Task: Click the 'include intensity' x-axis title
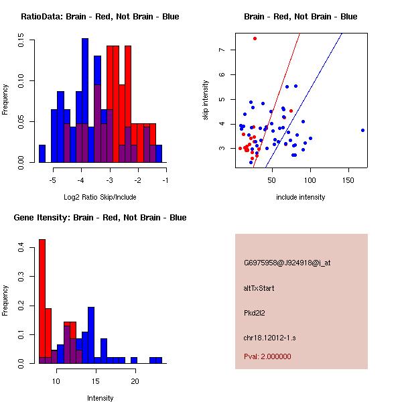click(300, 197)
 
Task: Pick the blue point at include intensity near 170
click(362, 130)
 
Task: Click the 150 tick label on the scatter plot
click(348, 180)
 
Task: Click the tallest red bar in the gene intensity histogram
click(42, 301)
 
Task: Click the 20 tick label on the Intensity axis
click(135, 381)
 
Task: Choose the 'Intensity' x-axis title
click(100, 398)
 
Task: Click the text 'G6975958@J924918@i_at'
click(287, 263)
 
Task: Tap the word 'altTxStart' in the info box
click(259, 288)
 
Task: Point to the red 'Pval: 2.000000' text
click(267, 356)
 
